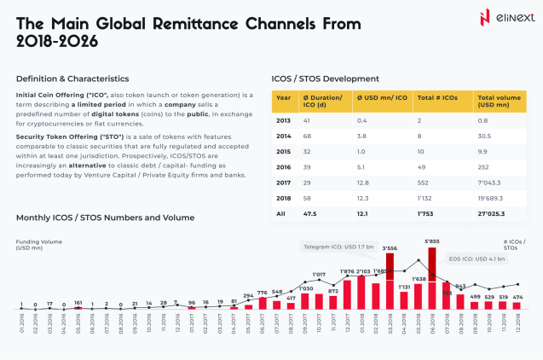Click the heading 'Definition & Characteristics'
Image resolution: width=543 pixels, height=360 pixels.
pyautogui.click(x=72, y=78)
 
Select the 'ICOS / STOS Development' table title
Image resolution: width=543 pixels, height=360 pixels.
pyautogui.click(x=325, y=78)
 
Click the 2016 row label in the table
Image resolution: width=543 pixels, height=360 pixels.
pyautogui.click(x=284, y=167)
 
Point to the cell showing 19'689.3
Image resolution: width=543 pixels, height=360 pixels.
pyautogui.click(x=492, y=196)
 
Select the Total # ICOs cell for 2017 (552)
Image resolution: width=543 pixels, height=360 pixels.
pyautogui.click(x=424, y=182)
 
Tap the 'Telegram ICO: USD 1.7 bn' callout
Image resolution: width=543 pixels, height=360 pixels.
pyautogui.click(x=338, y=247)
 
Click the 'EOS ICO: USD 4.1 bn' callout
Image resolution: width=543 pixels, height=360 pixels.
pyautogui.click(x=474, y=258)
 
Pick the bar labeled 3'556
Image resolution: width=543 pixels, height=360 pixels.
pyautogui.click(x=390, y=282)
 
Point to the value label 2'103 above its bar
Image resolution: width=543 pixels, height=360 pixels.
pyautogui.click(x=361, y=271)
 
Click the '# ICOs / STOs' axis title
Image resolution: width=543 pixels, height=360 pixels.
pyautogui.click(x=514, y=246)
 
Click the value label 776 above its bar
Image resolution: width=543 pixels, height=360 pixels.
pyautogui.click(x=263, y=293)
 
